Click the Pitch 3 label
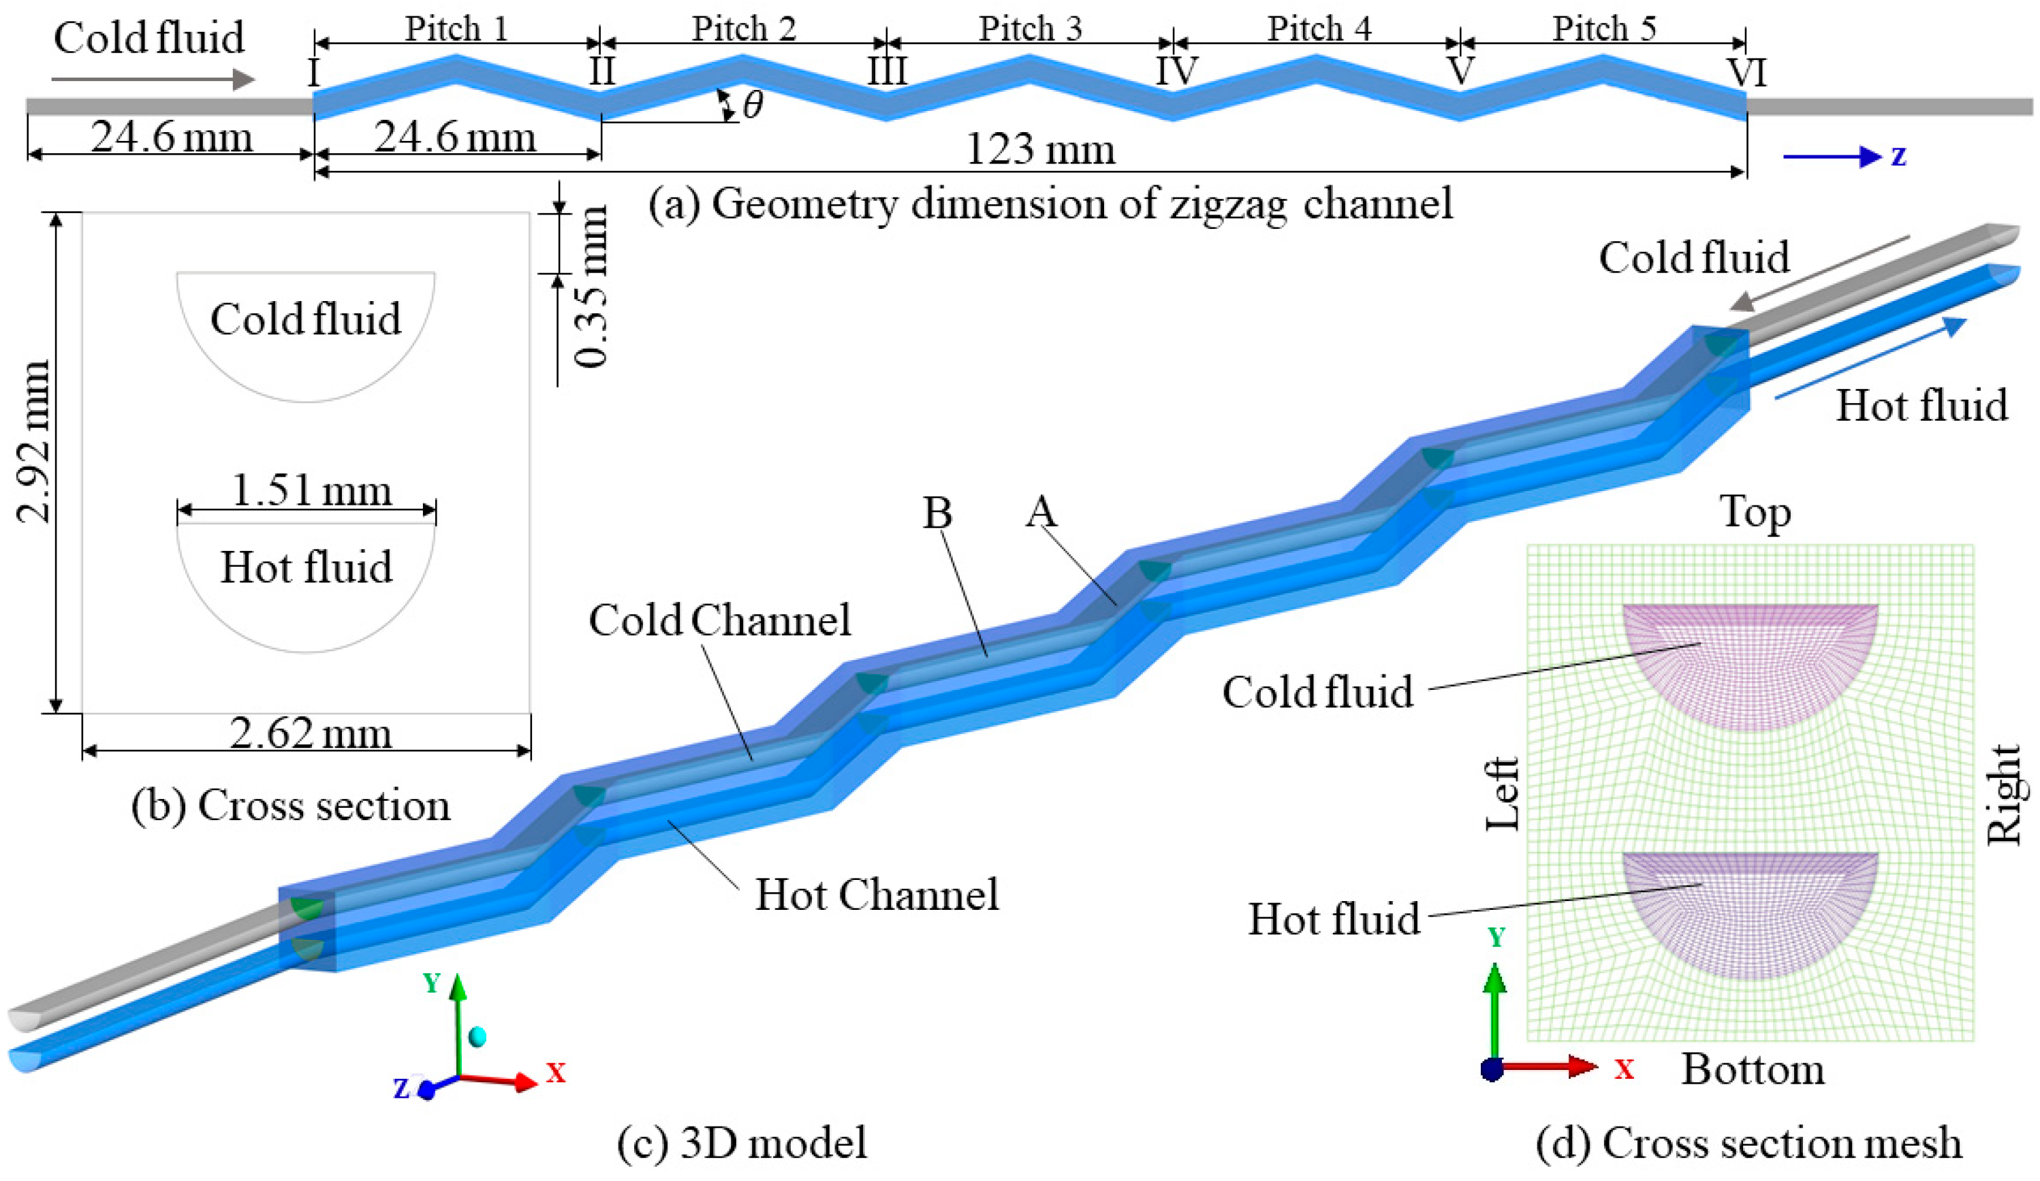pyautogui.click(x=1030, y=29)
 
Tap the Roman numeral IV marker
pyautogui.click(x=1176, y=72)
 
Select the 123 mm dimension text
pyautogui.click(x=1040, y=150)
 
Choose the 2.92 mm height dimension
pyautogui.click(x=35, y=441)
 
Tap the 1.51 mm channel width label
pyautogui.click(x=312, y=490)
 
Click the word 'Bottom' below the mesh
pyautogui.click(x=1753, y=1070)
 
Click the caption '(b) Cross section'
pyautogui.click(x=291, y=806)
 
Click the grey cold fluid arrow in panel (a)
pyautogui.click(x=153, y=79)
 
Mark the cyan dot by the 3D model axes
pyautogui.click(x=477, y=1036)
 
